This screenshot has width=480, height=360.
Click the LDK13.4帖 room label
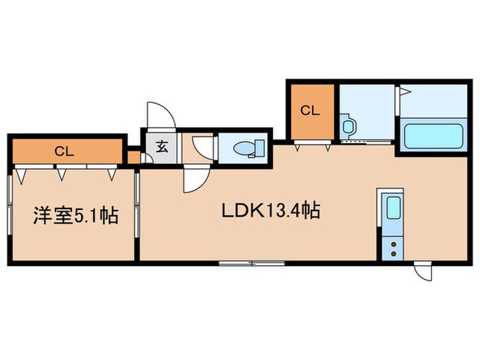(x=271, y=211)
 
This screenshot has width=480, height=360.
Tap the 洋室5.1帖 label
(x=76, y=215)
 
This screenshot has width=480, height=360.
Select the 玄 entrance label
(x=162, y=147)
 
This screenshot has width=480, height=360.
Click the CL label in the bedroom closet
(x=64, y=152)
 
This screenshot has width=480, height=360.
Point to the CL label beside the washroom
(x=310, y=110)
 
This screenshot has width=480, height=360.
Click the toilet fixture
(x=249, y=149)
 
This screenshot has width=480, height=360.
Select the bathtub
(x=433, y=136)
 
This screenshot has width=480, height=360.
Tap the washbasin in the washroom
(x=348, y=125)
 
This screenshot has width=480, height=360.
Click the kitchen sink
(x=394, y=208)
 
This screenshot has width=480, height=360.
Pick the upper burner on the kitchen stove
(x=394, y=244)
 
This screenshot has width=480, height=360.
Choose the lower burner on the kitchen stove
(x=394, y=254)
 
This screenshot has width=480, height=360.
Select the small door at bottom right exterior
(x=424, y=272)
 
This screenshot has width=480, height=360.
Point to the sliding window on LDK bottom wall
(x=252, y=263)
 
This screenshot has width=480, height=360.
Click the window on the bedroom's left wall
(x=10, y=205)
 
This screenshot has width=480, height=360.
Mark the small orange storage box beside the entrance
(x=134, y=157)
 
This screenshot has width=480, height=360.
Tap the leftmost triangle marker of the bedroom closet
(x=21, y=177)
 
